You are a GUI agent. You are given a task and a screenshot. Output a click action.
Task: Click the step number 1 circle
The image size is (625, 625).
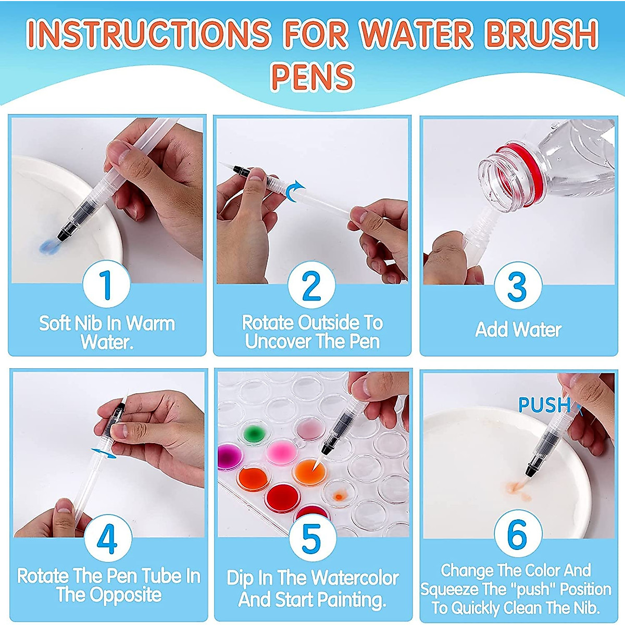pos(106,284)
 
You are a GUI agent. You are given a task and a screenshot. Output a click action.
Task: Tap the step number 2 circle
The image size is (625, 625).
pos(311,284)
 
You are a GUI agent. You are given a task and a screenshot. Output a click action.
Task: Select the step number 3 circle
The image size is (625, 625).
pos(517,285)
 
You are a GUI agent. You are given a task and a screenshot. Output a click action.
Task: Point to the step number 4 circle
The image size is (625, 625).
pos(107,539)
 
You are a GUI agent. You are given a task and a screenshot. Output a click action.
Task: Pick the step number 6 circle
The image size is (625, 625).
pos(517,534)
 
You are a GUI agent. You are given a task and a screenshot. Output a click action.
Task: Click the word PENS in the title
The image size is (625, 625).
pos(312,77)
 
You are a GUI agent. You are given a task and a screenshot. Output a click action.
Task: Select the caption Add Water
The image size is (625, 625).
pos(518,330)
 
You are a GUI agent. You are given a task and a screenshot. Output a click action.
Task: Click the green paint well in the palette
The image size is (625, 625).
pos(253,432)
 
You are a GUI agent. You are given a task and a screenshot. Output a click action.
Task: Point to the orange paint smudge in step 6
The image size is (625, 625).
pos(517,488)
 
